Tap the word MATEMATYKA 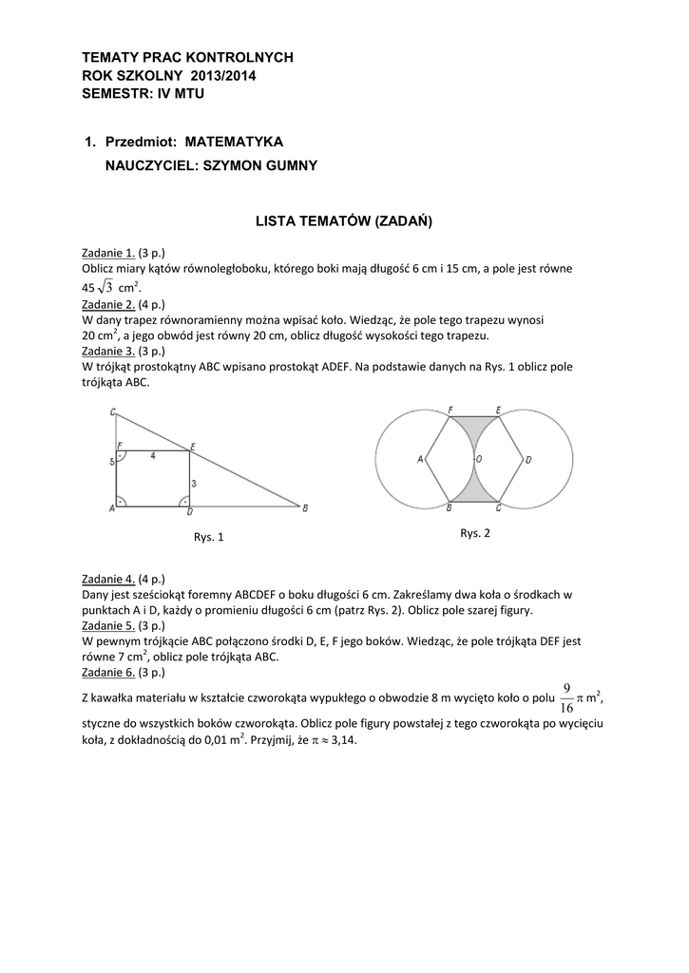[234, 142]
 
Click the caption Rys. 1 [209, 537]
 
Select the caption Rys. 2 [475, 533]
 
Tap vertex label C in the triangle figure [112, 411]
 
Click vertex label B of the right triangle [304, 508]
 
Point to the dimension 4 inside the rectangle [152, 456]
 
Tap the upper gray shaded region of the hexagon [475, 426]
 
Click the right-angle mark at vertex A [122, 500]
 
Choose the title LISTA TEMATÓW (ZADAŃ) [344, 221]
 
